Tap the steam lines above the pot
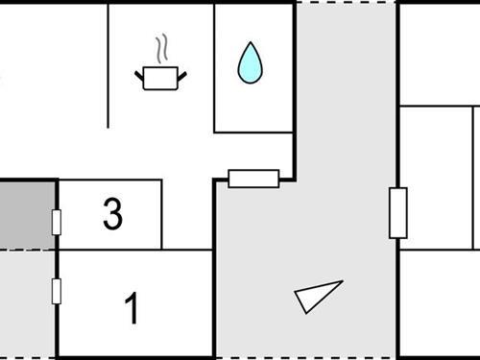(x=162, y=48)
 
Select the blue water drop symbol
(x=251, y=64)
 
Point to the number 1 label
(x=132, y=309)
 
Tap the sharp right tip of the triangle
(x=341, y=281)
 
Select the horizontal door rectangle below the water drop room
(x=253, y=179)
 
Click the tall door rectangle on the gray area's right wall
(x=397, y=213)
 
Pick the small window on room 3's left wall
(x=57, y=223)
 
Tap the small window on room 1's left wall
(x=57, y=290)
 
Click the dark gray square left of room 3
(x=23, y=213)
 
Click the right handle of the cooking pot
(x=181, y=72)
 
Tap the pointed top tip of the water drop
(x=251, y=43)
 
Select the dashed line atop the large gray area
(x=346, y=3)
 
